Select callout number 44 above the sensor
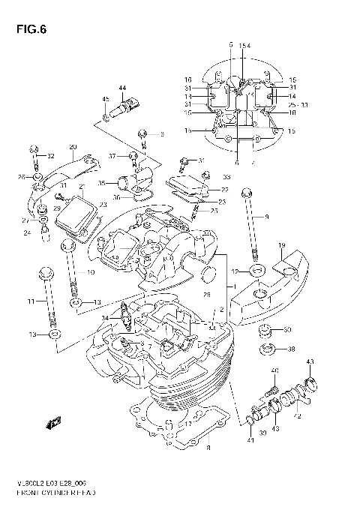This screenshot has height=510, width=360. tap(122, 89)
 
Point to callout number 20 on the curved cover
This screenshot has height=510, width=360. tap(73, 146)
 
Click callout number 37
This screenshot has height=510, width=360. tap(112, 156)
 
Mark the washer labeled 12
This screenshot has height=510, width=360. tap(256, 271)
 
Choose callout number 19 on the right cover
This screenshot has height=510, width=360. tap(281, 246)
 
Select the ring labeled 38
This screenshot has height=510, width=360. tap(265, 349)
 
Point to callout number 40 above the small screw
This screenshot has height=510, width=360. tap(274, 370)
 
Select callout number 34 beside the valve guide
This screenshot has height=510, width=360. tap(106, 318)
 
